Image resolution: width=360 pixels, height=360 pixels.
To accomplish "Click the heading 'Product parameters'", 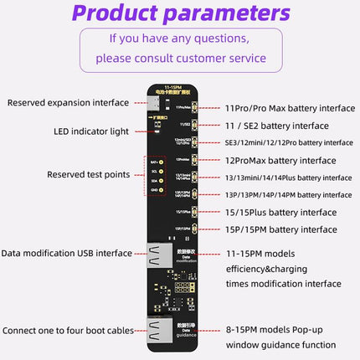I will point(180,14).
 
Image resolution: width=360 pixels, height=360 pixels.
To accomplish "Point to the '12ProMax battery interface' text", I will point(280,160).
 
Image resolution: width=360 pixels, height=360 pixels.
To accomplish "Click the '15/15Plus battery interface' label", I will point(280,212).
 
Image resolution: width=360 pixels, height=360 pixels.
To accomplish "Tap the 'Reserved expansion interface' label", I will point(68,103).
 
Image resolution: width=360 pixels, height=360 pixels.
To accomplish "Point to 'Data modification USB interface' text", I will point(66,253).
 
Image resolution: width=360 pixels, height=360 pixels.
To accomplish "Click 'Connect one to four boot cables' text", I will point(68,330).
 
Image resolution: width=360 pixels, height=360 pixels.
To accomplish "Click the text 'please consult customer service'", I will point(180,59).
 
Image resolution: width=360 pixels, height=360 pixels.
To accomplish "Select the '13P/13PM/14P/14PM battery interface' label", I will point(289,194).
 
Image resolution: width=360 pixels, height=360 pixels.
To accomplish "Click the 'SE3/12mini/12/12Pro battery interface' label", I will point(289,142).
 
